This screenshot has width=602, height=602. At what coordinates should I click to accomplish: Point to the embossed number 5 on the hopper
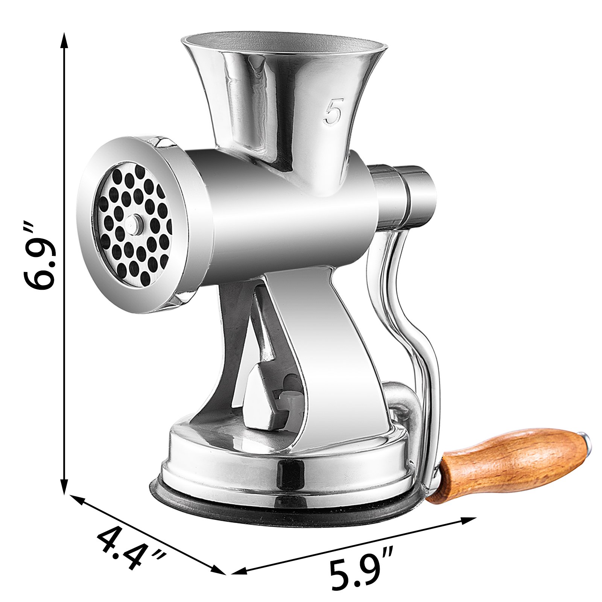[x=333, y=111]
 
